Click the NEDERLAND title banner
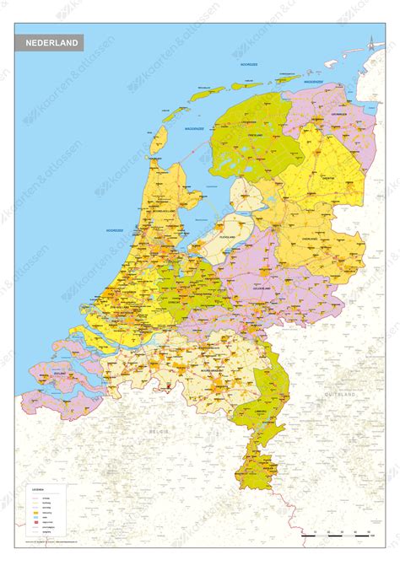pyautogui.click(x=51, y=42)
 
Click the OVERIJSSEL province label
pyautogui.click(x=310, y=238)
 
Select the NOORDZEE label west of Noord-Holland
pyautogui.click(x=115, y=229)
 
